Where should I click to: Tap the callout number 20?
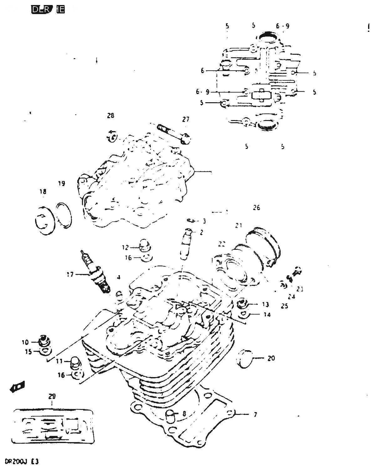(271, 358)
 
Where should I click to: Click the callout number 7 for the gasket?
(255, 415)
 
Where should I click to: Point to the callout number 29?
(52, 396)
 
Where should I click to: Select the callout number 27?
(186, 119)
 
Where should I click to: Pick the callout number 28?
(110, 115)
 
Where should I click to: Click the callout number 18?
(43, 192)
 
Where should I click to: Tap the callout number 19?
(62, 184)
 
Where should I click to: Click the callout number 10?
(25, 342)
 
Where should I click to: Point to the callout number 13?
(265, 304)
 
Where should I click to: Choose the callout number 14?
(267, 315)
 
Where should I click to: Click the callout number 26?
(256, 208)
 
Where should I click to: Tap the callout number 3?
(204, 221)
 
